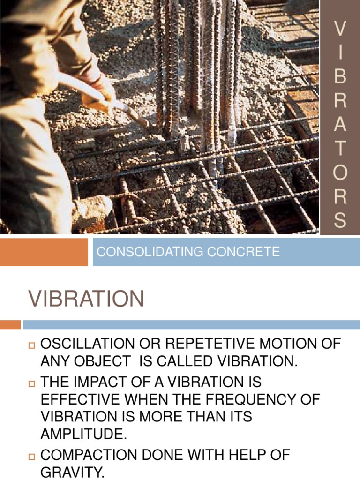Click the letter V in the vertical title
(x=340, y=29)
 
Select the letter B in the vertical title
(x=340, y=77)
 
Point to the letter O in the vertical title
(x=340, y=173)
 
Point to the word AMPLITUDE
(x=83, y=434)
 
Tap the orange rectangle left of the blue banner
(x=44, y=252)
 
